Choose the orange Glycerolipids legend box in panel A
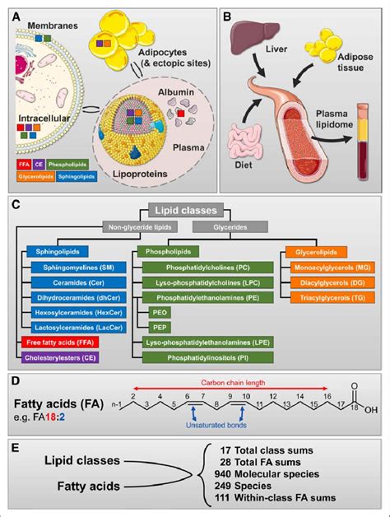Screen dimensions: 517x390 click(36, 175)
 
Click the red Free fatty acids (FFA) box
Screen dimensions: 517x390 click(55, 340)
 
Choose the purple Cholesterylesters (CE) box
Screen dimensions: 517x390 click(61, 356)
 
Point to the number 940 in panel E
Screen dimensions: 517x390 click(247, 480)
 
